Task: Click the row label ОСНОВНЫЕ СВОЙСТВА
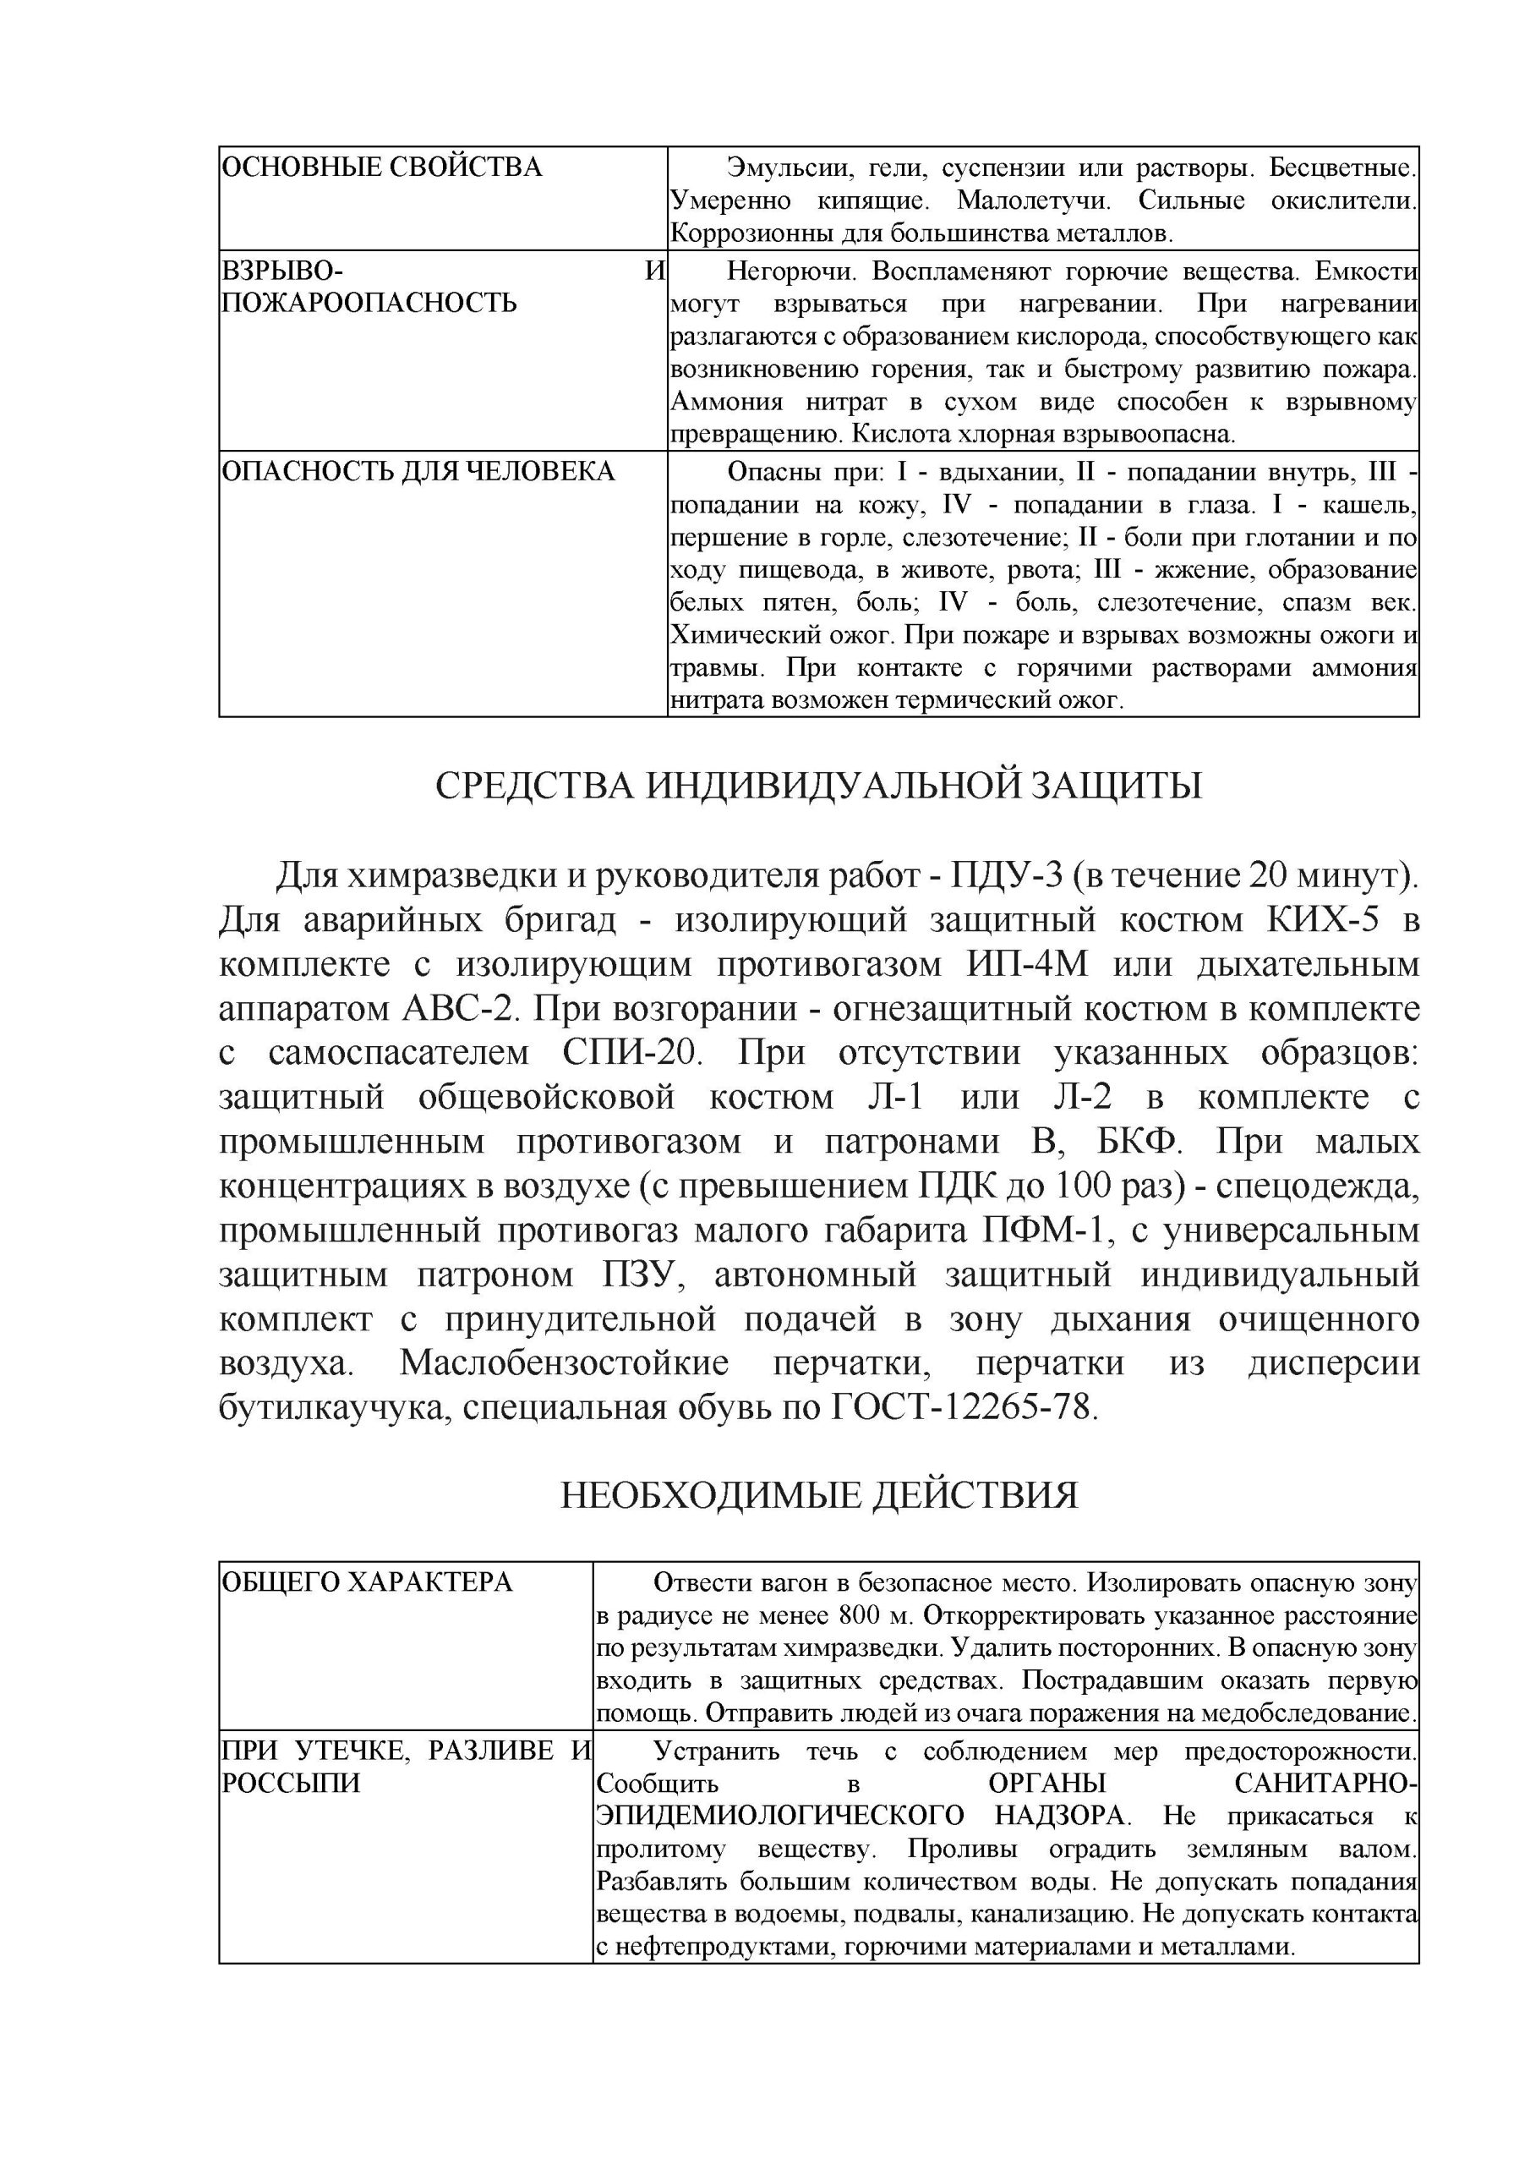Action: click(382, 167)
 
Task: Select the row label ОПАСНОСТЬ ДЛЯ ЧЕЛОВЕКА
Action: click(418, 471)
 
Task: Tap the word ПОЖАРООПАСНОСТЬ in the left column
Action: click(369, 303)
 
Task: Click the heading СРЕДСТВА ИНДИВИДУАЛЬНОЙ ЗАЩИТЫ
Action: click(818, 786)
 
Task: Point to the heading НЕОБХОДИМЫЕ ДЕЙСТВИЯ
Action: click(818, 1495)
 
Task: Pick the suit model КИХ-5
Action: click(1317, 919)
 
